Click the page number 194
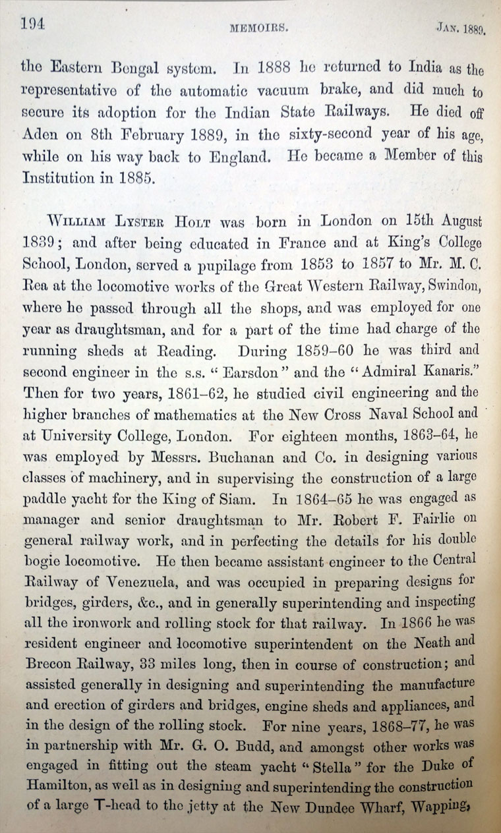32,24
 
